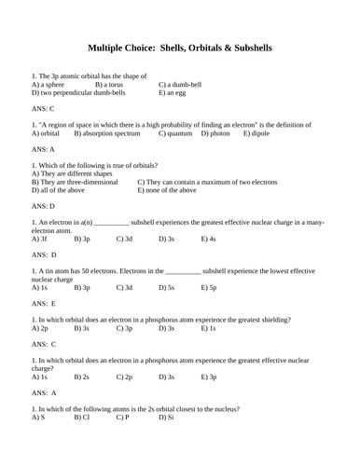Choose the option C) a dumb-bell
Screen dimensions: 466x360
(183, 85)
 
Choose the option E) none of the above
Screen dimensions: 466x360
(167, 189)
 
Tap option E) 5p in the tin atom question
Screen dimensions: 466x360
(209, 288)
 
